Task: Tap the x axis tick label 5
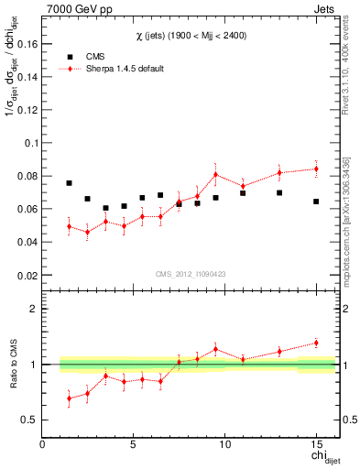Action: pyautogui.click(x=134, y=445)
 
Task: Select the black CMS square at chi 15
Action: pyautogui.click(x=316, y=202)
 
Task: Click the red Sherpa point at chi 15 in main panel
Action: pyautogui.click(x=316, y=169)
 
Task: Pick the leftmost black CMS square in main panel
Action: pyautogui.click(x=69, y=183)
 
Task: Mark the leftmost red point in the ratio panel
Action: pyautogui.click(x=69, y=398)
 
